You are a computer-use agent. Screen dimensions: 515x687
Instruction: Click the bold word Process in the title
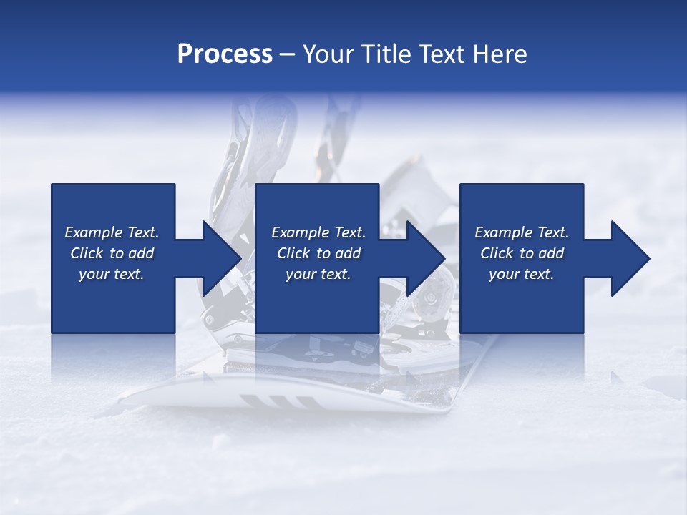click(225, 54)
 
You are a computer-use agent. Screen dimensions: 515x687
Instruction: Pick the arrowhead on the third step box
click(630, 258)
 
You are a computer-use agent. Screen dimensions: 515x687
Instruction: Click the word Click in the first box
click(87, 253)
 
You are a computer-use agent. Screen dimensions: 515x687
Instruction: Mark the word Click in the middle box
click(293, 253)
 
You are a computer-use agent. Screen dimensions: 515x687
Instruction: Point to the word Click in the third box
click(497, 253)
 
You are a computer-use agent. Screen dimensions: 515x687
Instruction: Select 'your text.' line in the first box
click(112, 274)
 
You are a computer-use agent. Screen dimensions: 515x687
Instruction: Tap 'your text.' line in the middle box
click(318, 274)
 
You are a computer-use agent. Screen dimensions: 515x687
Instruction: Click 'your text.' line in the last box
click(522, 274)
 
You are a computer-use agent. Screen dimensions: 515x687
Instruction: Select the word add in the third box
click(551, 253)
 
